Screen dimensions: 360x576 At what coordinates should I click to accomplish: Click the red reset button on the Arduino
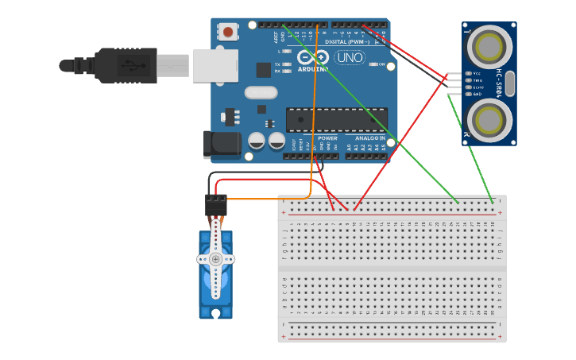click(x=229, y=33)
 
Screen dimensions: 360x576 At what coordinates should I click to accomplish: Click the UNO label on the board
click(x=349, y=57)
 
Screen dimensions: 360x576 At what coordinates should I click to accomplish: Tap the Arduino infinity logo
click(x=313, y=57)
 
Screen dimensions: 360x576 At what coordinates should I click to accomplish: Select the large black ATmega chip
click(x=336, y=119)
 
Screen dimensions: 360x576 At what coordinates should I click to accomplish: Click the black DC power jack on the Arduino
click(x=222, y=145)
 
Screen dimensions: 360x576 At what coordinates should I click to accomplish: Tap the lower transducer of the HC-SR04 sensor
click(x=488, y=119)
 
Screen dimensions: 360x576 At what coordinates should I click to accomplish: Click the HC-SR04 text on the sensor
click(x=500, y=83)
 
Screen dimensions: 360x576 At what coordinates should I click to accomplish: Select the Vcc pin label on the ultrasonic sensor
click(x=477, y=74)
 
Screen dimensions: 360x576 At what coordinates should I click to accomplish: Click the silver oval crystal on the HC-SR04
click(x=510, y=83)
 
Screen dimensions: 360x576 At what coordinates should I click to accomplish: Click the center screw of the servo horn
click(x=215, y=259)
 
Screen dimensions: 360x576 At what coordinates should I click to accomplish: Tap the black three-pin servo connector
click(x=215, y=205)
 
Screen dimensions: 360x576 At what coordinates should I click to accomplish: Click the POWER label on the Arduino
click(x=327, y=138)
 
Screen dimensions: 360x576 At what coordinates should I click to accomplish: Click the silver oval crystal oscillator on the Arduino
click(x=261, y=93)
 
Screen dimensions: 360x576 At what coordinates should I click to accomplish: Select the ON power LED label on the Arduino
click(x=381, y=64)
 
